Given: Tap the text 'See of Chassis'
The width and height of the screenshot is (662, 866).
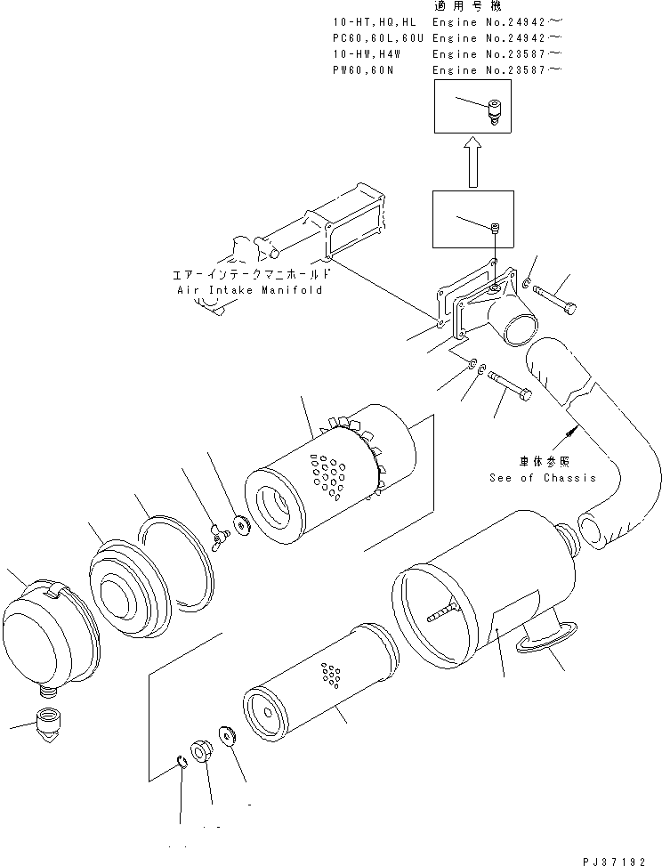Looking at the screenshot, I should click(x=542, y=478).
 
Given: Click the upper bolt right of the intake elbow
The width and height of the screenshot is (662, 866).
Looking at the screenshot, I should click(x=556, y=301).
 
